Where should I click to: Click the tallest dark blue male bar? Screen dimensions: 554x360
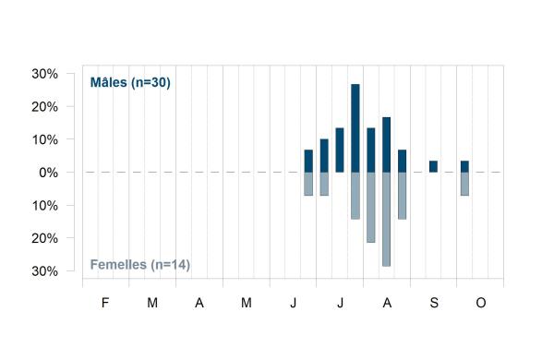pos(355,128)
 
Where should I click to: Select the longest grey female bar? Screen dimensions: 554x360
pos(386,219)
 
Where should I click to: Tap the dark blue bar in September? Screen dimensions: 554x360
pos(433,166)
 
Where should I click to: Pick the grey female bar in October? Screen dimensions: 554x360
pos(464,184)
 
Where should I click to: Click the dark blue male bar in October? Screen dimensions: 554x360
pos(464,166)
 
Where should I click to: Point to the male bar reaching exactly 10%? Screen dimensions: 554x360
pos(324,156)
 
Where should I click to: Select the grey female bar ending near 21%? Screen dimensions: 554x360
pos(370,208)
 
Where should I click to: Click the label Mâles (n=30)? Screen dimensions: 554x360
pos(130,82)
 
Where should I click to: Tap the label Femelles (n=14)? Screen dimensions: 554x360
pos(140,265)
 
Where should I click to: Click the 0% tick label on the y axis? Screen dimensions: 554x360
pos(48,173)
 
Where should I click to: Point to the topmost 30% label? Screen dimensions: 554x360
pos(45,74)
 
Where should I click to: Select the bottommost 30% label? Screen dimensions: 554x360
pos(45,271)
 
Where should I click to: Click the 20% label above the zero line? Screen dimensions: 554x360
pos(45,107)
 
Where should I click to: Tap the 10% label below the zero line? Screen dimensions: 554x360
pos(45,206)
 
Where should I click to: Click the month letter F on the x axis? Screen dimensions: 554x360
pos(105,303)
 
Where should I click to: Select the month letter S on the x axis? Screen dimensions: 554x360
pos(434,303)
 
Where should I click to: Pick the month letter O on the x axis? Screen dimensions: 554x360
pos(481,303)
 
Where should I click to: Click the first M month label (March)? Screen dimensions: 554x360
pos(152,303)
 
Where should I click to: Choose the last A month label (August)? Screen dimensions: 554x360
pos(387,303)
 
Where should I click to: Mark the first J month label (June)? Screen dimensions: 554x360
pos(294,303)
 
